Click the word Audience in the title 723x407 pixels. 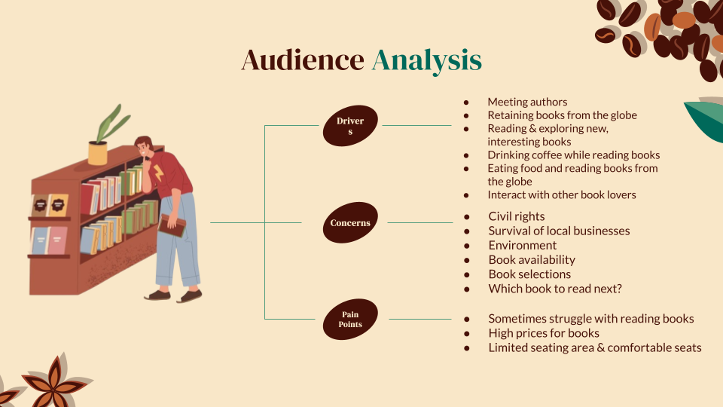click(x=302, y=60)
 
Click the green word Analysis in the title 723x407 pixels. click(x=426, y=60)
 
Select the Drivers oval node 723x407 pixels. click(x=350, y=126)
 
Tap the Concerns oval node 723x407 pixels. click(x=350, y=223)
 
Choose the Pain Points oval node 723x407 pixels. click(x=350, y=320)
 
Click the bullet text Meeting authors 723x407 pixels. click(x=527, y=102)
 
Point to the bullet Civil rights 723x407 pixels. click(x=517, y=216)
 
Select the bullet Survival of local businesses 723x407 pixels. click(x=559, y=231)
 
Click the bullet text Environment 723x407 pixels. click(x=523, y=245)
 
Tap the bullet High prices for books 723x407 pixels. click(x=544, y=333)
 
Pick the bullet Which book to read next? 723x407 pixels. click(x=555, y=289)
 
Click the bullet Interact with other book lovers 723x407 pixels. click(x=562, y=194)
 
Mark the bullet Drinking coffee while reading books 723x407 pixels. click(x=573, y=155)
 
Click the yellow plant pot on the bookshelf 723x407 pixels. click(x=98, y=152)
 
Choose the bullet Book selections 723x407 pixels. click(x=529, y=274)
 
